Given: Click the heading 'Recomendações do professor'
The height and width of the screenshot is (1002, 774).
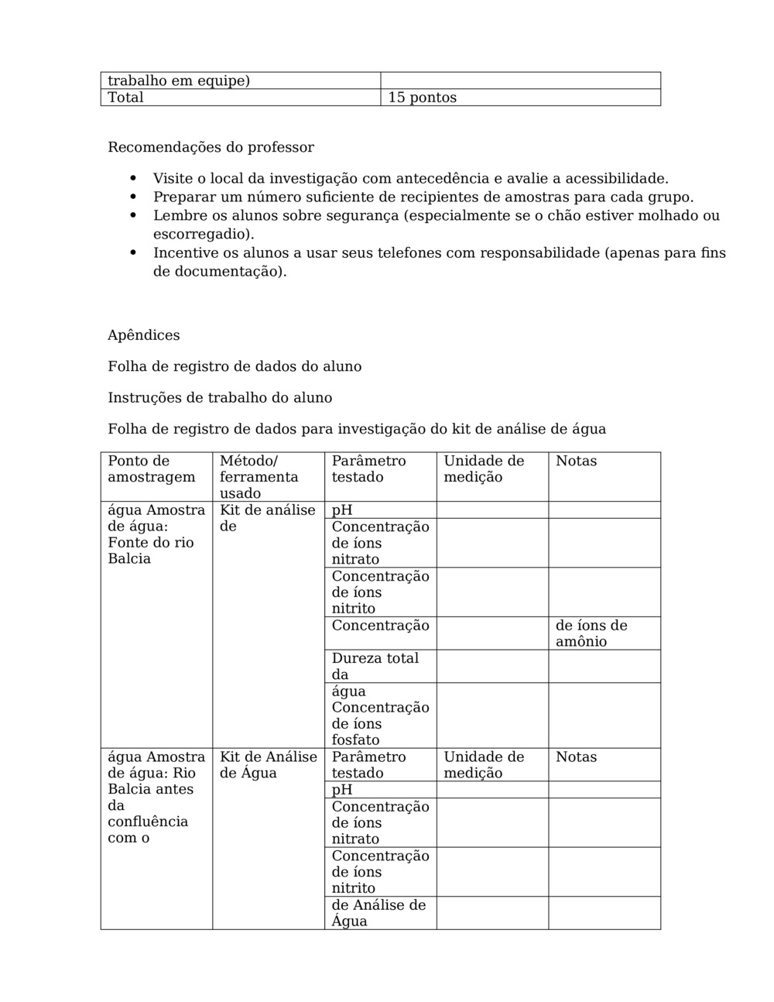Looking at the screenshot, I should [x=211, y=147].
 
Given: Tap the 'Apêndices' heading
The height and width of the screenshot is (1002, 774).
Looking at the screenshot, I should [x=144, y=335].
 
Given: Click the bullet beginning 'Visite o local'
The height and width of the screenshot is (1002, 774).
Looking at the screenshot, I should [x=410, y=179].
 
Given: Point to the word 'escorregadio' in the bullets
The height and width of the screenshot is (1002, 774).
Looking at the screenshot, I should [x=202, y=234].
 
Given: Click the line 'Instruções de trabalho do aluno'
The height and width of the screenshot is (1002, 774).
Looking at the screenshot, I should [x=220, y=398].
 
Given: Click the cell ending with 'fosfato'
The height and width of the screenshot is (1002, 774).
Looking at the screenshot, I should [x=379, y=715].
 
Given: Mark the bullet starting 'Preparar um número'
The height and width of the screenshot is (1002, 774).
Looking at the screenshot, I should [x=423, y=197].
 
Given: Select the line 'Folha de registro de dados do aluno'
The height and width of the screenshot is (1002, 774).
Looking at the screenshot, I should [x=235, y=366].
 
